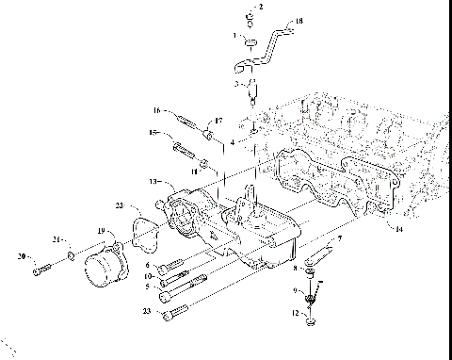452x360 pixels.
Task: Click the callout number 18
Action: click(299, 20)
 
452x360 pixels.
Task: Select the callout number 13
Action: click(154, 180)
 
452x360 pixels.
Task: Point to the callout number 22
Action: click(121, 205)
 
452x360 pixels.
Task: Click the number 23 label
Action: click(146, 311)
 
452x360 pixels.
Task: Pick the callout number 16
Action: click(157, 110)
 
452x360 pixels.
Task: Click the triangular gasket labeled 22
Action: click(144, 227)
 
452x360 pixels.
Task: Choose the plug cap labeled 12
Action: click(310, 325)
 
